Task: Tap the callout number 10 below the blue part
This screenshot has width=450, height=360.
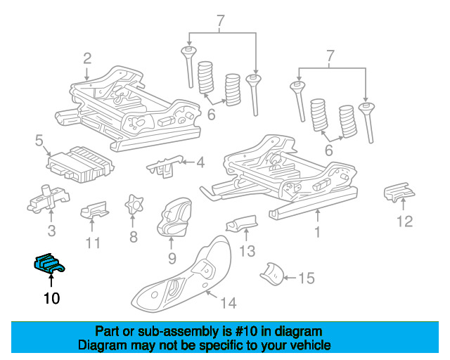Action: [x=51, y=299]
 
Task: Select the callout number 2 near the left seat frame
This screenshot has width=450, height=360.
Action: [x=86, y=58]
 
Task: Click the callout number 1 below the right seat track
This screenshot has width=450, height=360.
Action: [x=317, y=231]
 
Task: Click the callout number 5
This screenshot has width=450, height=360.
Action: [x=39, y=141]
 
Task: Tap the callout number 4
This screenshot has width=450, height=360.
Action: [x=200, y=163]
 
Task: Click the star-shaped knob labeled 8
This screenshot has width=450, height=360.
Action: [x=133, y=205]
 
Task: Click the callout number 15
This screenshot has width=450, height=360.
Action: [x=306, y=278]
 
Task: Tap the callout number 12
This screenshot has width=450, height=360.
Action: [x=404, y=223]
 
